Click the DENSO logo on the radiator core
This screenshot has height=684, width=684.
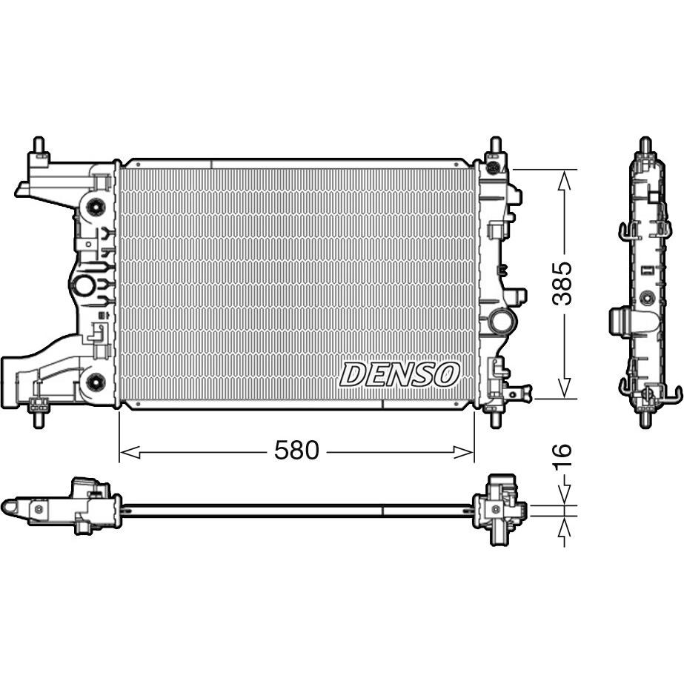pos(399,375)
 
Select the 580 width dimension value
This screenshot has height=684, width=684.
pos(296,450)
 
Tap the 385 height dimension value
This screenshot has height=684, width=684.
pos(562,284)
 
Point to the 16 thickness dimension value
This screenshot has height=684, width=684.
pos(562,456)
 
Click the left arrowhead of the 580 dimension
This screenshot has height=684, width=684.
pos(130,452)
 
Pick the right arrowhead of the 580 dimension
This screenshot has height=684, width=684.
pos(464,452)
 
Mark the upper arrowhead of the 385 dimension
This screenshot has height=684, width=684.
pos(565,180)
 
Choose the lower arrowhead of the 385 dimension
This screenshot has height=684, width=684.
pos(565,388)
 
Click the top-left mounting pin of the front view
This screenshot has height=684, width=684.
pos(39,145)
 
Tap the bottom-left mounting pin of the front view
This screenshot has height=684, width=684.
pos(39,419)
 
